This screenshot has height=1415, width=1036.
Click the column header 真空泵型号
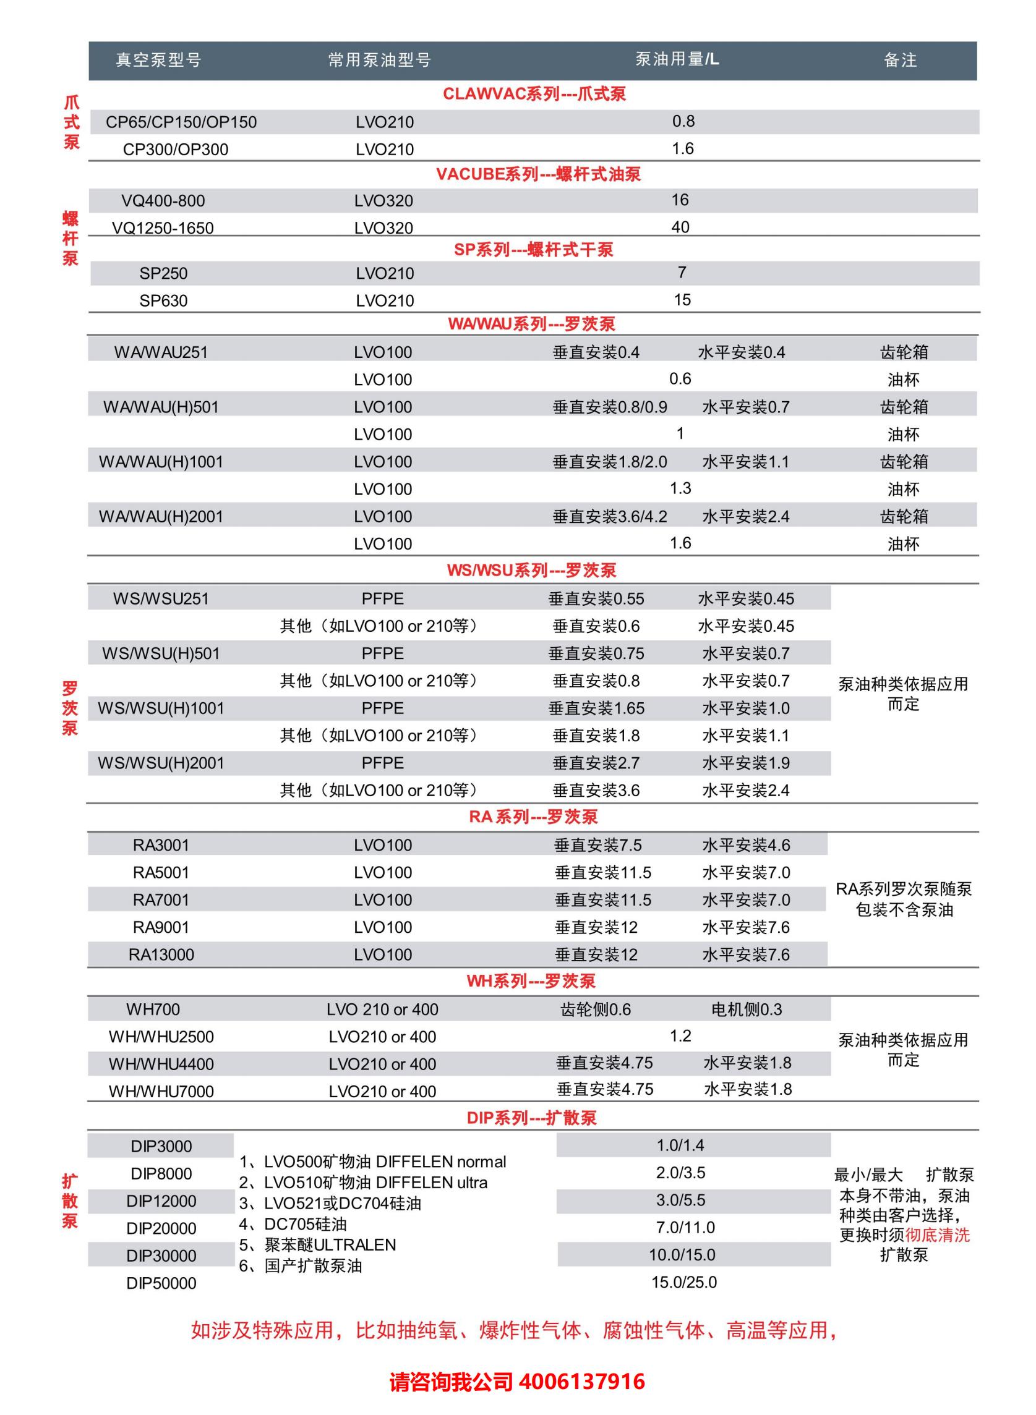pyautogui.click(x=159, y=60)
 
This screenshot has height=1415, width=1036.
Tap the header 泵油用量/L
pyautogui.click(x=677, y=59)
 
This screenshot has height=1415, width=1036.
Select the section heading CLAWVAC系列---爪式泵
pyautogui.click(x=534, y=94)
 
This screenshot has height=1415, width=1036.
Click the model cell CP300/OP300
pyautogui.click(x=176, y=150)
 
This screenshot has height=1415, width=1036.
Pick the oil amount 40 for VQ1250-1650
pyautogui.click(x=680, y=227)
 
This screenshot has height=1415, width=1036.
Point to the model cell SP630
pyautogui.click(x=164, y=301)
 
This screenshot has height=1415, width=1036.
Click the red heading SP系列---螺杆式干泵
pyautogui.click(x=534, y=249)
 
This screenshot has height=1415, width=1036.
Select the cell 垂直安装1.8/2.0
pyautogui.click(x=610, y=462)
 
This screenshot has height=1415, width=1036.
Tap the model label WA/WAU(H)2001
pyautogui.click(x=161, y=516)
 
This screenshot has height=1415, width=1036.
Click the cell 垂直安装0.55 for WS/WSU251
pyautogui.click(x=596, y=598)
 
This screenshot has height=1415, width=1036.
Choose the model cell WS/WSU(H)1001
pyautogui.click(x=161, y=708)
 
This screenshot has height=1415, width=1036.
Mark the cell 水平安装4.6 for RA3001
pyautogui.click(x=746, y=845)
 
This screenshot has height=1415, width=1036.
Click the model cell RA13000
pyautogui.click(x=161, y=954)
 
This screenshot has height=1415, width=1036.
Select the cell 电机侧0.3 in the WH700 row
pyautogui.click(x=747, y=1009)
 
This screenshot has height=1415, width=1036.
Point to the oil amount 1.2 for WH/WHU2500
pyautogui.click(x=680, y=1036)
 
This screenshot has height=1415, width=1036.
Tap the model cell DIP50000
pyautogui.click(x=161, y=1283)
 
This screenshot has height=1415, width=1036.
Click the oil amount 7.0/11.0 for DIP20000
pyautogui.click(x=685, y=1227)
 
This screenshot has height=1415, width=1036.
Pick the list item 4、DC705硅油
pyautogui.click(x=293, y=1224)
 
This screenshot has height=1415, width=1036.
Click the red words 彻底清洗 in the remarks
pyautogui.click(x=938, y=1235)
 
